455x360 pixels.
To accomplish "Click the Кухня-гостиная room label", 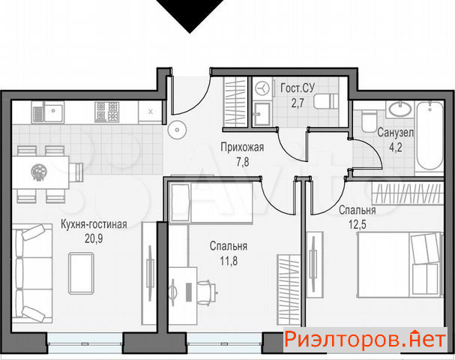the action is pyautogui.click(x=94, y=224).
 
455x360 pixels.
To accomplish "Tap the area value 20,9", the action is pyautogui.click(x=94, y=239).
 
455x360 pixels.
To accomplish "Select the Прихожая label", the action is pyautogui.click(x=242, y=147).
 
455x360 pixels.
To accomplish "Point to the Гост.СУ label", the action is pyautogui.click(x=298, y=88).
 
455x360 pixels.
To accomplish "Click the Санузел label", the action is pyautogui.click(x=396, y=133).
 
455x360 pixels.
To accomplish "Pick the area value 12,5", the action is pyautogui.click(x=358, y=224).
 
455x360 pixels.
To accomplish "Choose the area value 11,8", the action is pyautogui.click(x=229, y=261).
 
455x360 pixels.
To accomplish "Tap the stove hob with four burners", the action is pyautogui.click(x=106, y=112).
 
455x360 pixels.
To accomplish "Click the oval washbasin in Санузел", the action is pyautogui.click(x=400, y=109).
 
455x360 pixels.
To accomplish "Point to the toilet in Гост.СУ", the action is pyautogui.click(x=326, y=101).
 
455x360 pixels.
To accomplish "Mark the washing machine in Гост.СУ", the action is pyautogui.click(x=262, y=88).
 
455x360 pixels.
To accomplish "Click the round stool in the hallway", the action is pyautogui.click(x=177, y=130).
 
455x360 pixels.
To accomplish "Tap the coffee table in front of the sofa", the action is pyautogui.click(x=81, y=274).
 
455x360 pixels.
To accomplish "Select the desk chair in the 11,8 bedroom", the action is pyautogui.click(x=206, y=292).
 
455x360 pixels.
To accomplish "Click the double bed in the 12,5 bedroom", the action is pyautogui.click(x=400, y=265).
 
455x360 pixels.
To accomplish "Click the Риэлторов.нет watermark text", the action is pyautogui.click(x=365, y=340).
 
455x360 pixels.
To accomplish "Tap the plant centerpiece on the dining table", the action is pyautogui.click(x=38, y=172).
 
